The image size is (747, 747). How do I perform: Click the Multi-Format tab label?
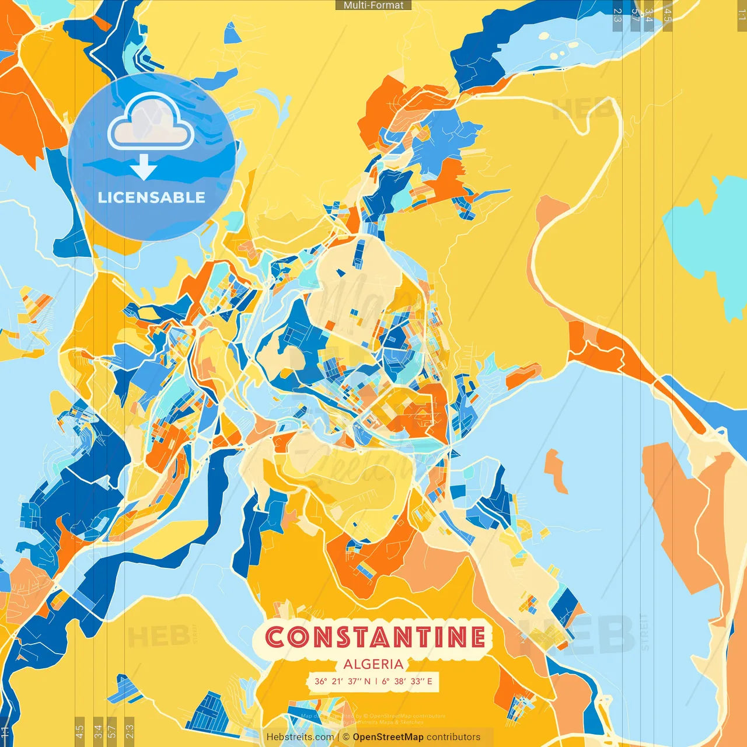pos(373,5)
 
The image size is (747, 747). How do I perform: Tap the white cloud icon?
pos(151,123)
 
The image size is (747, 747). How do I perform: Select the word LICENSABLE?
pos(151,197)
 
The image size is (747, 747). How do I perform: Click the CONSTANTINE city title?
pos(375,637)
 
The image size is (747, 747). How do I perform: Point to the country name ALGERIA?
pos(373,664)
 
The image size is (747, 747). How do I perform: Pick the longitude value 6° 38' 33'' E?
pos(407,681)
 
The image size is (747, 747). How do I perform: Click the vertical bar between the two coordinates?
pos(376,681)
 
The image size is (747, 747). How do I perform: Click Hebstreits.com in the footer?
pos(300,737)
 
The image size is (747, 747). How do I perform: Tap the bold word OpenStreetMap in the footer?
pos(388,737)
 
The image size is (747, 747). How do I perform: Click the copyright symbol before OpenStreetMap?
pos(346,737)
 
